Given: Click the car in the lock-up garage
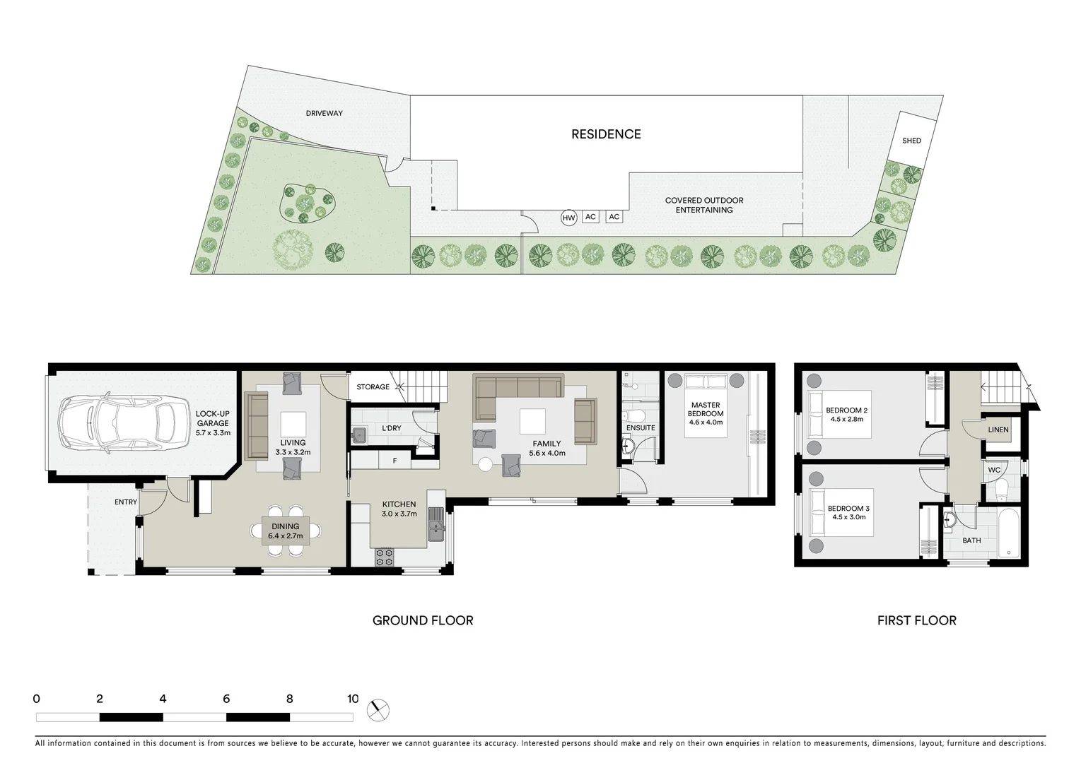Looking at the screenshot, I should pos(118,424).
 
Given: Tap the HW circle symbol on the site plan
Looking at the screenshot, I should pos(568,218).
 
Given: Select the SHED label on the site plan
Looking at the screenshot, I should pos(911,141).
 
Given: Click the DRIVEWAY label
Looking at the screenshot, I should pos(324,113).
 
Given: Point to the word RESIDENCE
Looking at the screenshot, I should pos(606,134).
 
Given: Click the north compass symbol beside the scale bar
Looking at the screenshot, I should pos(379,709).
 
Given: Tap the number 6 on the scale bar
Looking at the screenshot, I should pos(226,699).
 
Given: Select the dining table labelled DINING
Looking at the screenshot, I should pos(285,531).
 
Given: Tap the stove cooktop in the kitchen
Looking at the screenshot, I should pos(384,557).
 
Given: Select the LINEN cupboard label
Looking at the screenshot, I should pos(998,430).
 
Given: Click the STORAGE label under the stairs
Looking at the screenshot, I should pos(373,387).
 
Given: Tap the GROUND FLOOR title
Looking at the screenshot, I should pos(423,620).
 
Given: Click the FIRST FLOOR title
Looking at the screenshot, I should pos(916,620).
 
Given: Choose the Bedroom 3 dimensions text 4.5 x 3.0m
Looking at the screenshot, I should pos(848,517).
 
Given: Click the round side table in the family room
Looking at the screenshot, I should pos(485,465).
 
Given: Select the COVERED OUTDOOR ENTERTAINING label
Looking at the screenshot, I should pos(703,205).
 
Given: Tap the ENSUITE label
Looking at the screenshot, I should pos(641,428).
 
